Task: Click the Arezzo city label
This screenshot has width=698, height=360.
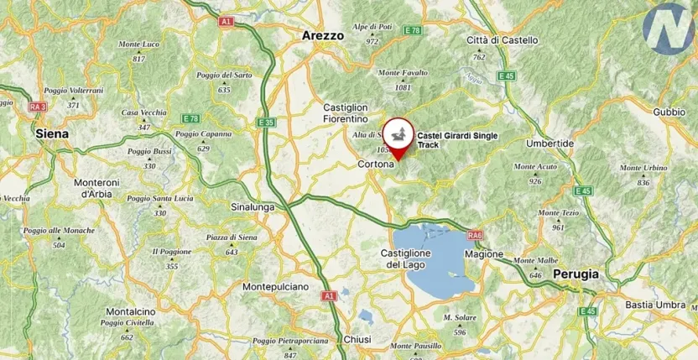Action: [x=323, y=36]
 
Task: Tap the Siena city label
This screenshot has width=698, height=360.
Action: [x=52, y=133]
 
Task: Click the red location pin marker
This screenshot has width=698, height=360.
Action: [x=397, y=136]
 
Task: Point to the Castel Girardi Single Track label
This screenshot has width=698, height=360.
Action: [x=457, y=139]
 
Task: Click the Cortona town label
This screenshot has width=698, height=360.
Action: [x=376, y=164]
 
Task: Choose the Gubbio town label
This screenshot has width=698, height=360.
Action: [x=669, y=112]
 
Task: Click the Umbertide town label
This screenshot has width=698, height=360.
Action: [x=550, y=143]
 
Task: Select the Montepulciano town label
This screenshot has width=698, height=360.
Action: [x=275, y=287]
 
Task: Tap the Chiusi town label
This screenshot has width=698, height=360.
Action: [x=357, y=339]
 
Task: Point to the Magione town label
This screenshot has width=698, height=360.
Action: [x=485, y=253]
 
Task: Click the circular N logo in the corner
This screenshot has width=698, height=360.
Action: [x=669, y=28]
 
